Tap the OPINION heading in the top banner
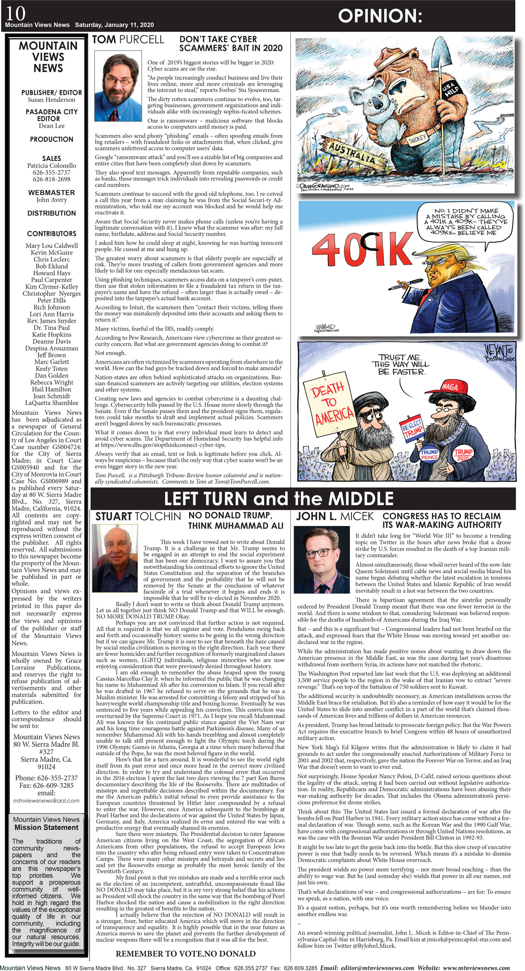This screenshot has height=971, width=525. (380, 16)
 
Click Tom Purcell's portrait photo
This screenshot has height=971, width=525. (117, 86)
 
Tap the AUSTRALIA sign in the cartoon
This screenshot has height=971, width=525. (352, 152)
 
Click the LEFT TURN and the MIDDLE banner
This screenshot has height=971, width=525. (279, 498)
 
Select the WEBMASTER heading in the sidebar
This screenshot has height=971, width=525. (51, 192)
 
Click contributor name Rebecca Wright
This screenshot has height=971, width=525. (51, 382)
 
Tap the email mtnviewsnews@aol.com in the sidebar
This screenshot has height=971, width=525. (46, 800)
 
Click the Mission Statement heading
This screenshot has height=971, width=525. (46, 827)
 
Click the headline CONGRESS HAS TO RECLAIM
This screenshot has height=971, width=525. (441, 516)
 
